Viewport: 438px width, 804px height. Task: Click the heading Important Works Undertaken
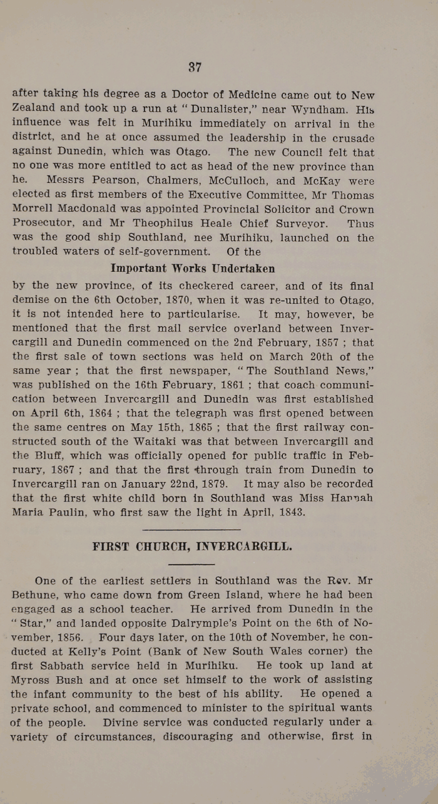(x=193, y=268)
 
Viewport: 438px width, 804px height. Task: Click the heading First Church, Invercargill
(x=192, y=546)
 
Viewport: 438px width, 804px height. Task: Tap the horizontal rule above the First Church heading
(x=178, y=530)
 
